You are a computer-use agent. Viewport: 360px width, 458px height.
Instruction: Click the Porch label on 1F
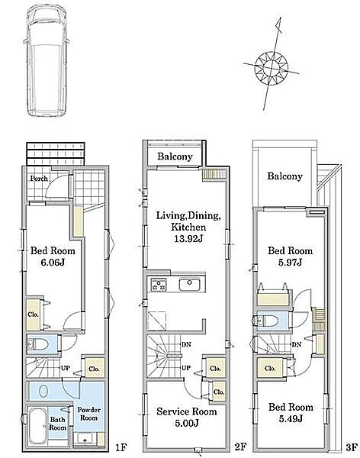point(39,178)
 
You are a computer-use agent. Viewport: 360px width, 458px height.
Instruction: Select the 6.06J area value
point(53,263)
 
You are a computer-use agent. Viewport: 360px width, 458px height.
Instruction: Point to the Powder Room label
point(88,414)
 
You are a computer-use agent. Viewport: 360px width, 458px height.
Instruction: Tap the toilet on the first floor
point(38,345)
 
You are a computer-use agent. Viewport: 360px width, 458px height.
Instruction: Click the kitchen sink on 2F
point(189,285)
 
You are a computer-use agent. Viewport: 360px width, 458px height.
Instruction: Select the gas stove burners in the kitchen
point(158,285)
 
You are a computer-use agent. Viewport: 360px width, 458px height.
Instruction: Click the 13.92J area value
point(188,239)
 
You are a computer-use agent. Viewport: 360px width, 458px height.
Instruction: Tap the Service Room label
point(187,411)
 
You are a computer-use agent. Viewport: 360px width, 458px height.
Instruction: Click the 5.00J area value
point(187,423)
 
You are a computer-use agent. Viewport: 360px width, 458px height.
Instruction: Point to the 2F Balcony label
point(175,156)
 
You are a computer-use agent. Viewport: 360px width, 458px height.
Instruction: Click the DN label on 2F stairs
point(186,345)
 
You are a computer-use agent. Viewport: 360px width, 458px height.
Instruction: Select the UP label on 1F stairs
point(66,368)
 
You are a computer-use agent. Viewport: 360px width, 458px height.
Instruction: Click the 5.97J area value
point(290,263)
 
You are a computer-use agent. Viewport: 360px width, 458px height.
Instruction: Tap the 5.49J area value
point(291,419)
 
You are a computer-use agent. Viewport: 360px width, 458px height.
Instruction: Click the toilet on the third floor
point(267,321)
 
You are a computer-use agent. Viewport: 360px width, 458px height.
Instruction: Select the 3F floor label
point(352,447)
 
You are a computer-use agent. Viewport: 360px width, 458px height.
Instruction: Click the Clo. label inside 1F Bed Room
point(34,314)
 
